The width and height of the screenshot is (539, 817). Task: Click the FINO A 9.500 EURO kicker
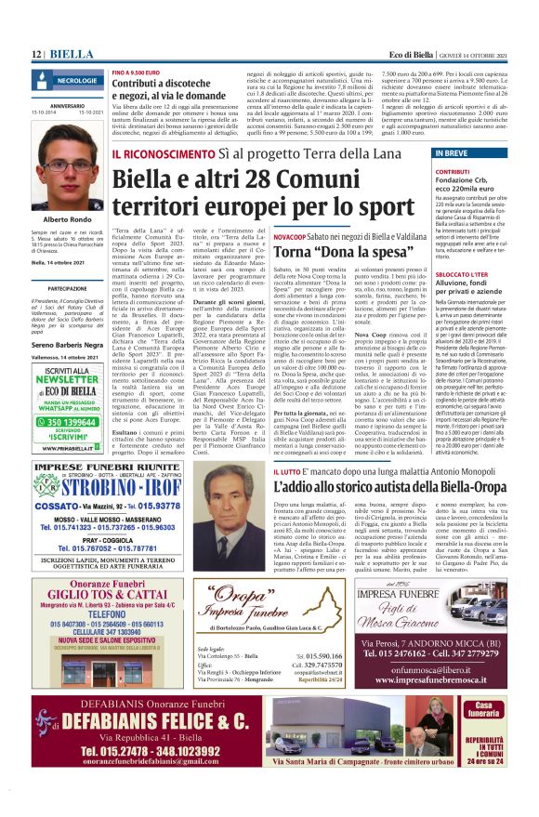[138, 72]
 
